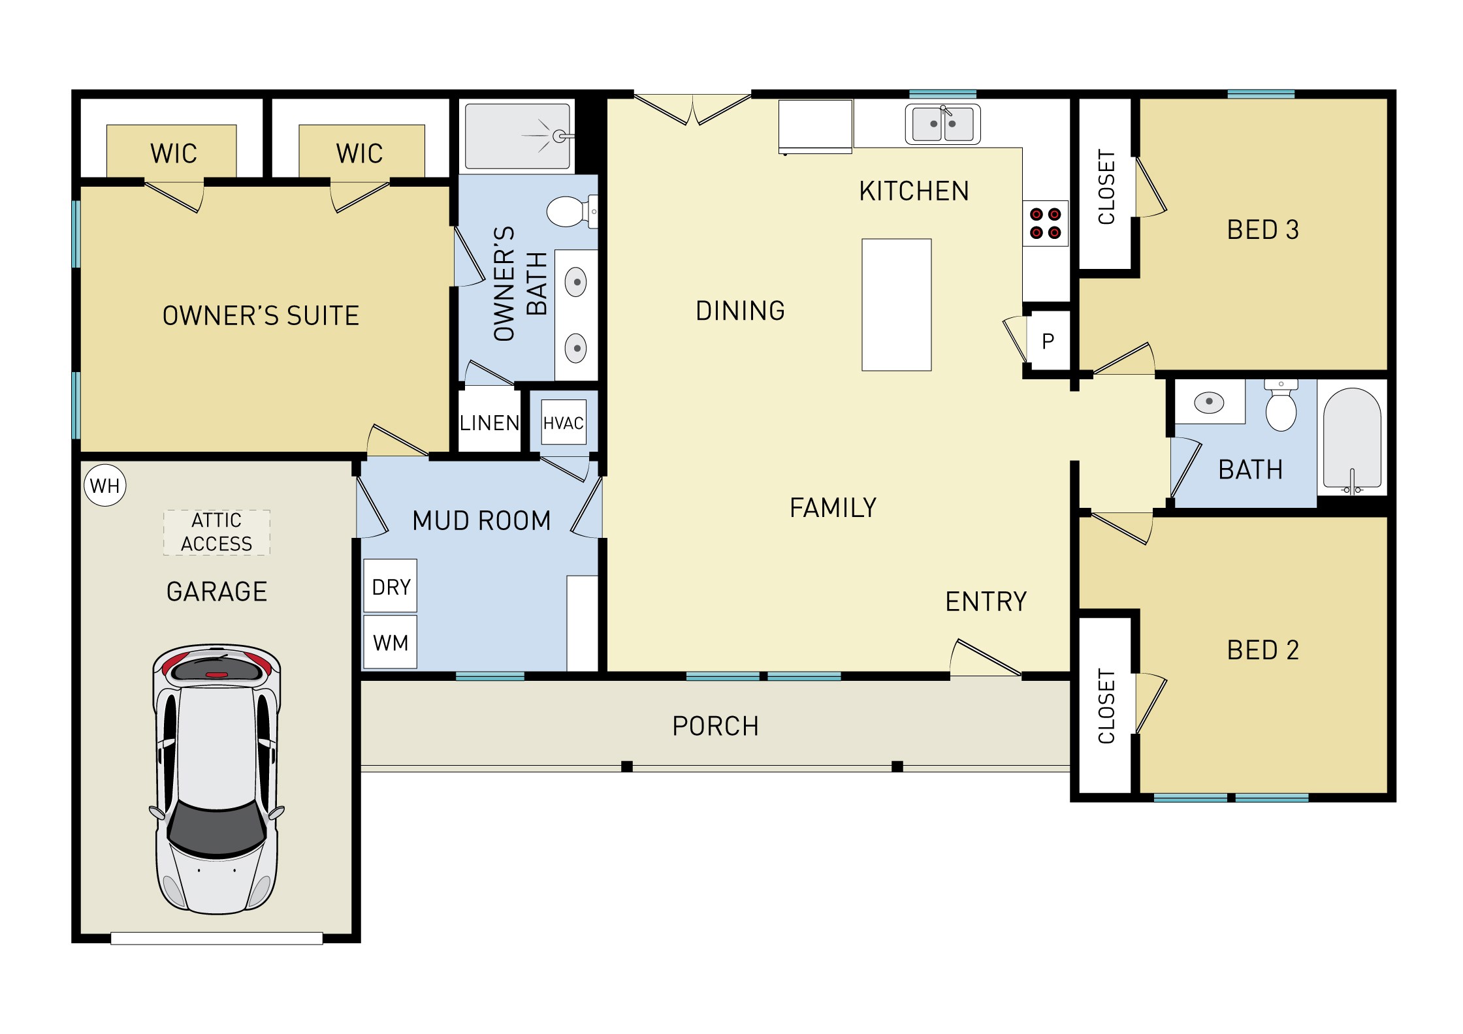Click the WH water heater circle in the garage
[105, 486]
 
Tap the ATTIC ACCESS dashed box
[216, 533]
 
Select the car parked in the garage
[217, 779]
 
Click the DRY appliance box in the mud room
[391, 586]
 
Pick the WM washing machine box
[391, 642]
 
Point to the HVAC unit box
[563, 423]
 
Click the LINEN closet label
[489, 423]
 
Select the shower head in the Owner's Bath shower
[559, 136]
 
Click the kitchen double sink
[942, 123]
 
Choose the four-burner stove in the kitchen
[1045, 223]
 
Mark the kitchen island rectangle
[896, 305]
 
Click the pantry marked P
[1048, 341]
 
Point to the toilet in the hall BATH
[1281, 407]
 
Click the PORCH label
[715, 726]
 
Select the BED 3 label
[1262, 230]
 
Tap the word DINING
[740, 311]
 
